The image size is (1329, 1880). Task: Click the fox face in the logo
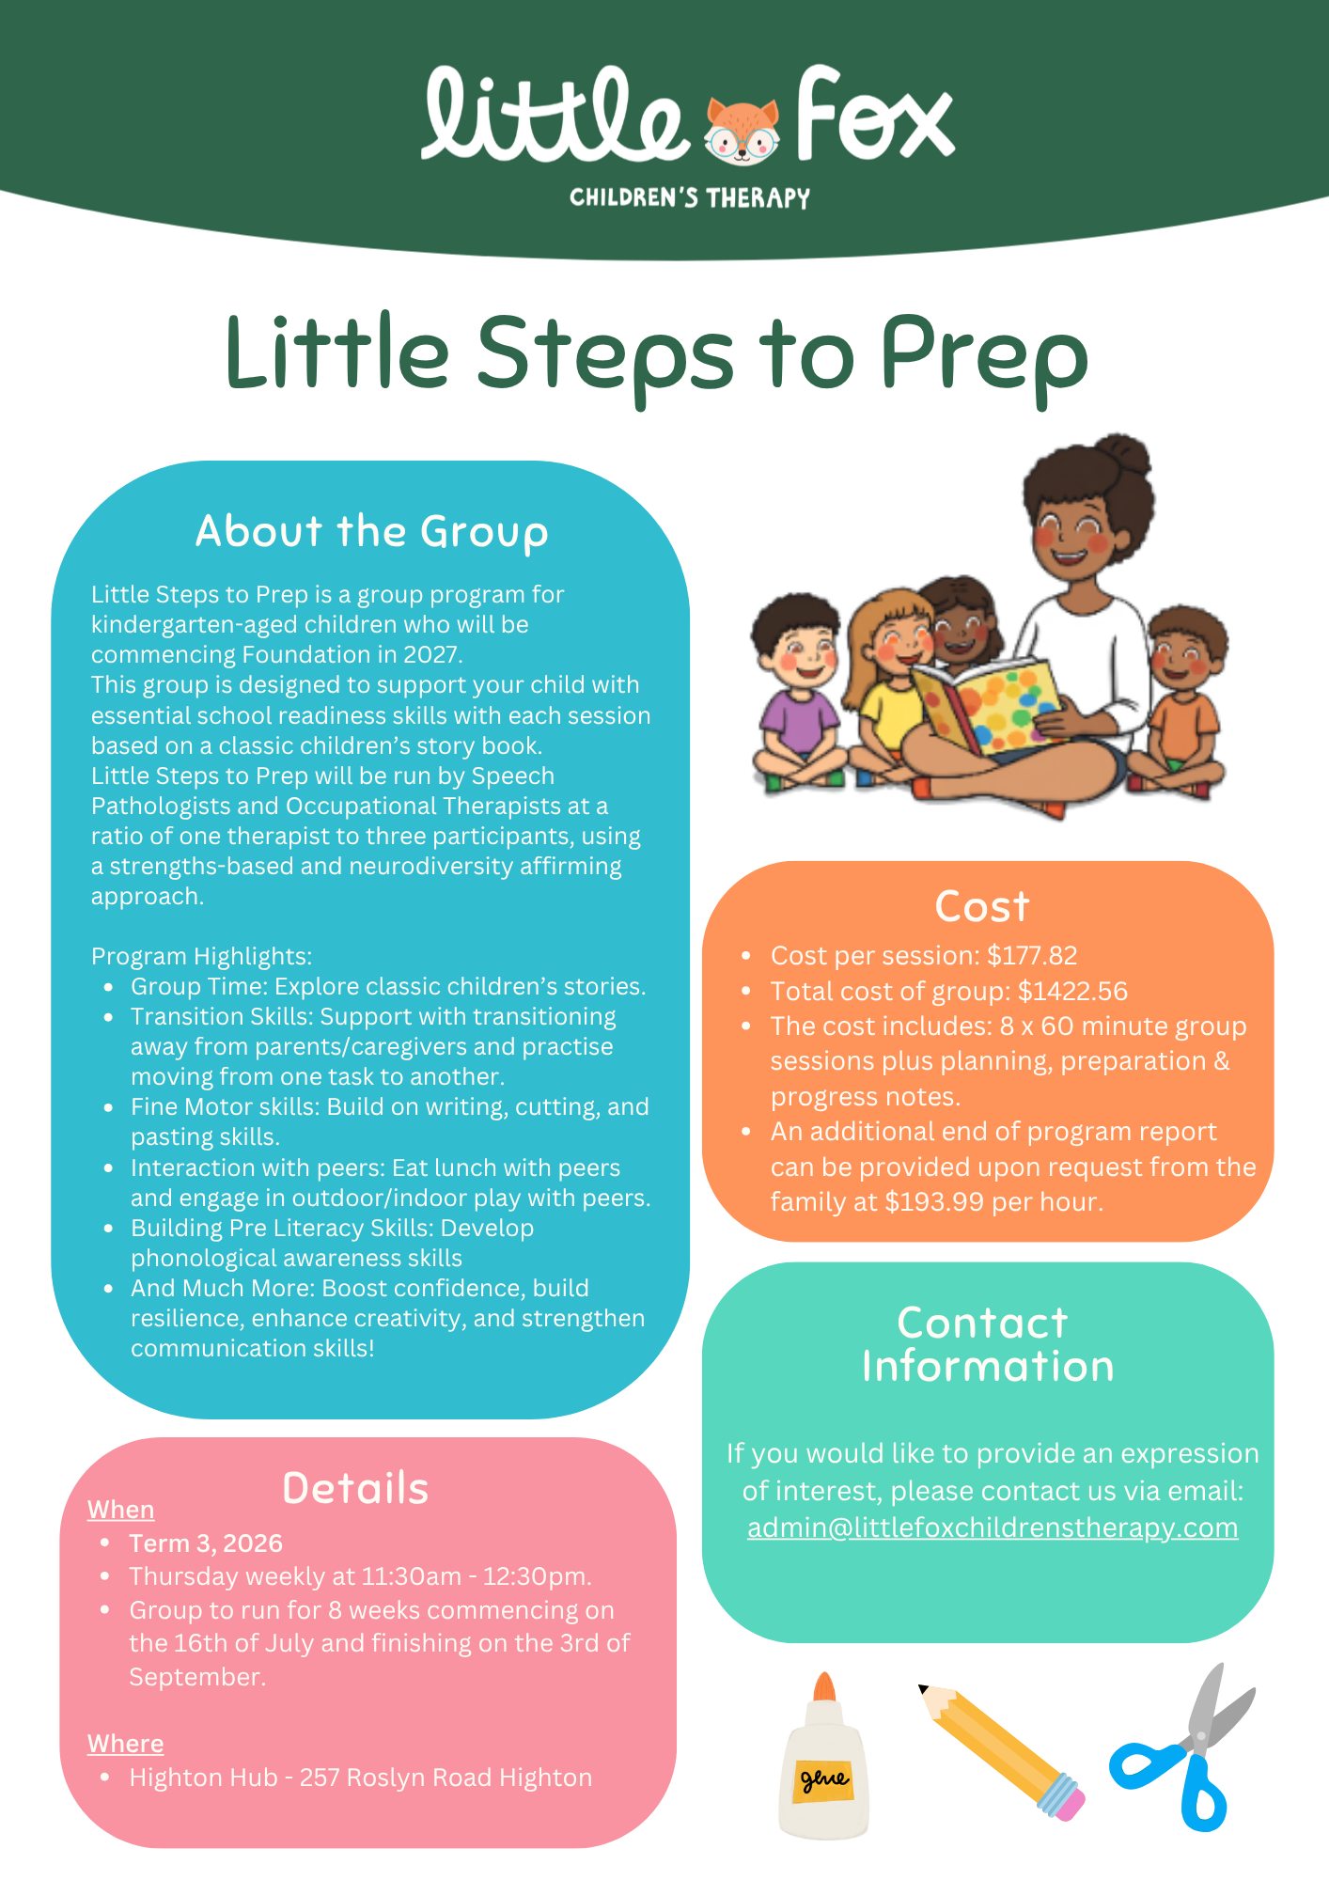(x=743, y=132)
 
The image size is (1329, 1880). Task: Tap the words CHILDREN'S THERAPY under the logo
(x=690, y=197)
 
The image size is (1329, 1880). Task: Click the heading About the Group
(x=372, y=531)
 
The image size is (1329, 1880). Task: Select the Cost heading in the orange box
(x=982, y=906)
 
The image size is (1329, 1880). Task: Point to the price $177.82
(x=1032, y=955)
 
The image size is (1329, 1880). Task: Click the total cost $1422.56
(x=1072, y=991)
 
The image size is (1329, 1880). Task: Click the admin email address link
(x=993, y=1528)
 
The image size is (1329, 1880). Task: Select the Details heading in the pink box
(x=355, y=1488)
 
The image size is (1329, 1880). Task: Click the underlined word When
(x=121, y=1509)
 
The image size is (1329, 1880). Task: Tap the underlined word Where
(x=126, y=1744)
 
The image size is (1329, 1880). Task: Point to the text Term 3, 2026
(x=206, y=1543)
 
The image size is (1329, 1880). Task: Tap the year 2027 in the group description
(x=432, y=654)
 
